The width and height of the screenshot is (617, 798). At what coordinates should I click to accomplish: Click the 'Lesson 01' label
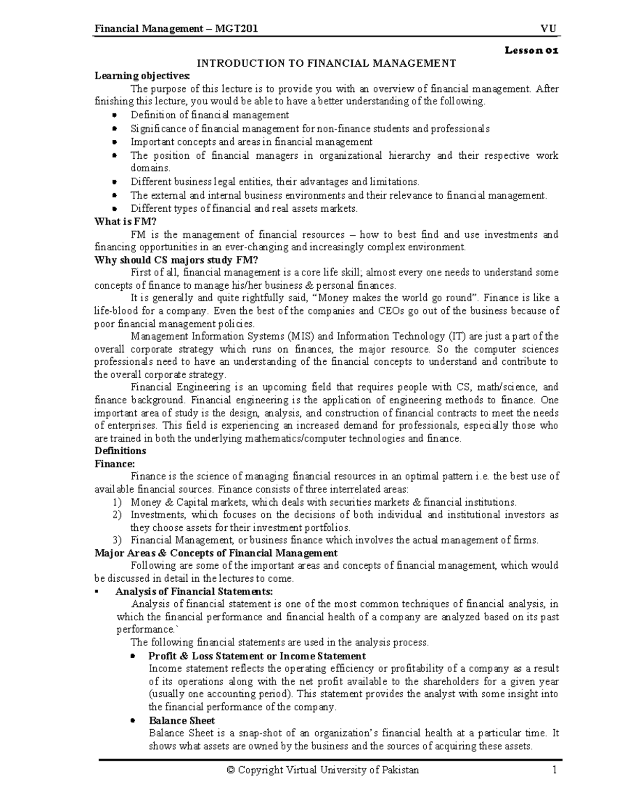531,50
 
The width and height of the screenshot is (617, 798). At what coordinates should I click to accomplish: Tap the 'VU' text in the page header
549,29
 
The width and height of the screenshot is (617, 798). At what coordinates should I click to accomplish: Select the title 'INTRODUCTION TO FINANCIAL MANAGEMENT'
327,63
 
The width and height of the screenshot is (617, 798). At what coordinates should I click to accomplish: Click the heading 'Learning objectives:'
142,76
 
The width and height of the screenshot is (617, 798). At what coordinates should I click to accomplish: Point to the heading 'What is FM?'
125,221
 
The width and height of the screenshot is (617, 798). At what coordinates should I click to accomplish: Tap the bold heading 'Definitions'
120,451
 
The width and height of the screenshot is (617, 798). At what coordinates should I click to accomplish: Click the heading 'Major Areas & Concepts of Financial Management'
216,553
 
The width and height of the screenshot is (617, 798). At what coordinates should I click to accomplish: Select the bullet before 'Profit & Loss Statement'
133,656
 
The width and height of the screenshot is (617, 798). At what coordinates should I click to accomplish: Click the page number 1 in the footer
554,770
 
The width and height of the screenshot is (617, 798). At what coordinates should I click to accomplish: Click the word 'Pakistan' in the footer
401,770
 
